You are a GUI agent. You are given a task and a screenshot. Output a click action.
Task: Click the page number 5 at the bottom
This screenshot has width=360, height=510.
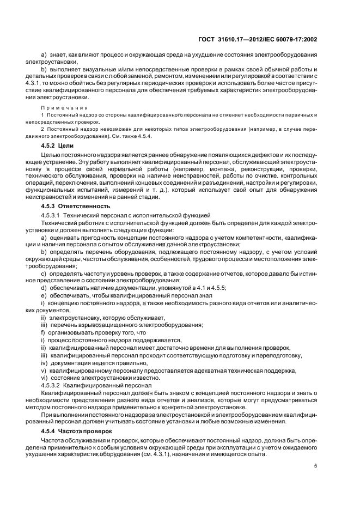pos(316,465)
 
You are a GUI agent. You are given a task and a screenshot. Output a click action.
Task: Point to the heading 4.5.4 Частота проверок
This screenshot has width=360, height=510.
pos(77,430)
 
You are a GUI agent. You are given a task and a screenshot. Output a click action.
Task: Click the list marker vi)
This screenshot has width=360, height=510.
pos(45,377)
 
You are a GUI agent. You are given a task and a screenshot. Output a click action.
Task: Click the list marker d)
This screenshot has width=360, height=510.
pos(44,287)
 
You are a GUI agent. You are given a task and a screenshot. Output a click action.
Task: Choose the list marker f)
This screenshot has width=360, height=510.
pos(44,332)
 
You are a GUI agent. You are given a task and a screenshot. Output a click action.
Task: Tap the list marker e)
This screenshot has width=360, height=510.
pos(44,295)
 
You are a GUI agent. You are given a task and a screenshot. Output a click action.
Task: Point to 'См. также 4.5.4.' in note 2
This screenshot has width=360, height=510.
pos(139,136)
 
